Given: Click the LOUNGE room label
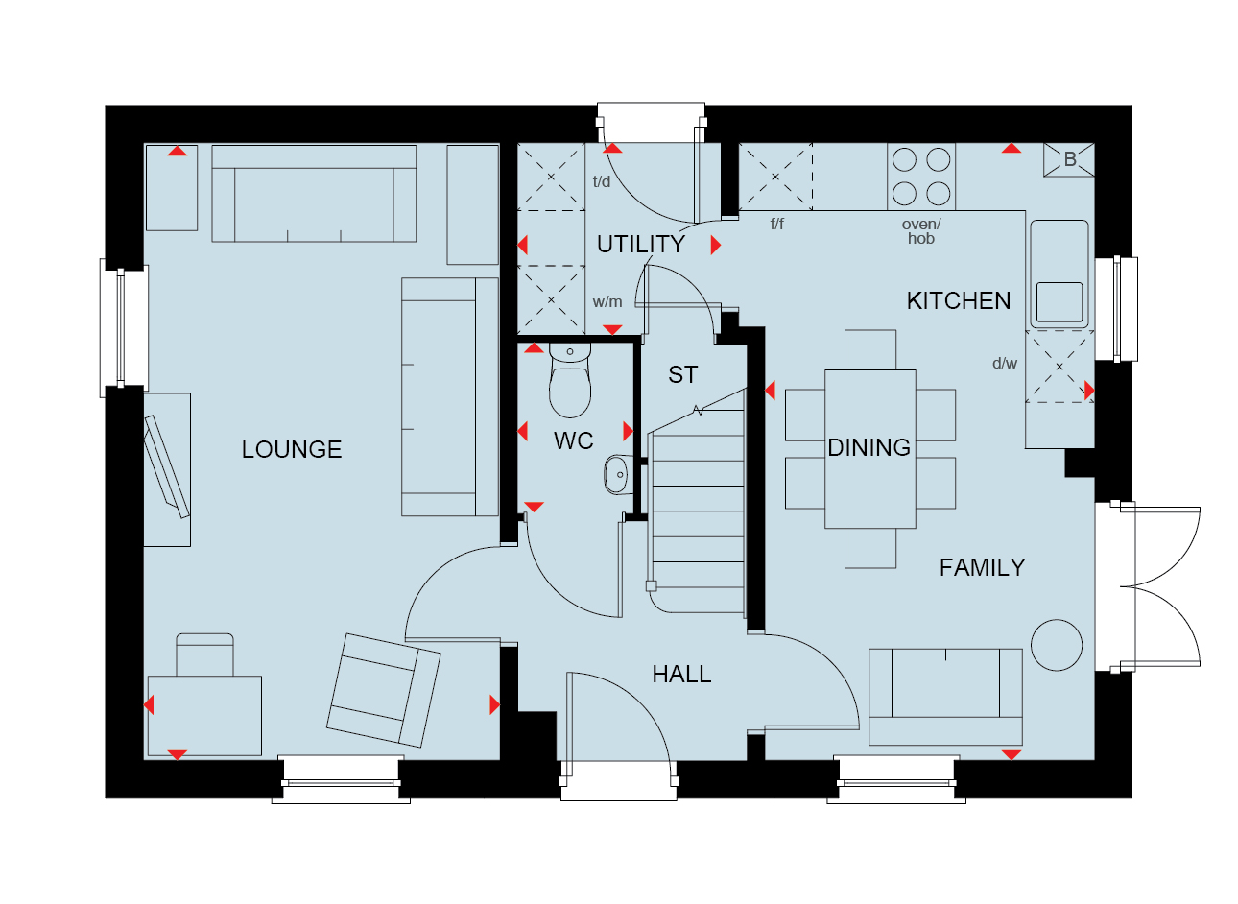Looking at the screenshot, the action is pyautogui.click(x=292, y=449).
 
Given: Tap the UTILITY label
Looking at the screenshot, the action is pyautogui.click(x=641, y=245).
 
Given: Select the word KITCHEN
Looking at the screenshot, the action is pyautogui.click(x=959, y=301).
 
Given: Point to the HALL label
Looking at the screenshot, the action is pyautogui.click(x=682, y=674).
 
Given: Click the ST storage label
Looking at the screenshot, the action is pyautogui.click(x=683, y=374).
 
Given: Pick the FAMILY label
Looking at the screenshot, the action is pyautogui.click(x=983, y=567).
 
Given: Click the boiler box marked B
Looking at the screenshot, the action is pyautogui.click(x=1069, y=159).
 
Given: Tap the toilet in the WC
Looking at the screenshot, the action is pyautogui.click(x=570, y=380).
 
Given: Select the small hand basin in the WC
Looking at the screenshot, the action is pyautogui.click(x=618, y=474).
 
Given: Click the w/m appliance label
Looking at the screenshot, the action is pyautogui.click(x=607, y=301).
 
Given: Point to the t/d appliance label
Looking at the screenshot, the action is pyautogui.click(x=602, y=181).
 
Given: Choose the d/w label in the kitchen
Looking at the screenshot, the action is pyautogui.click(x=1005, y=363).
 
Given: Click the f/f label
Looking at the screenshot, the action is pyautogui.click(x=777, y=224).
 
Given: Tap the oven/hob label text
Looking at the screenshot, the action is pyautogui.click(x=921, y=231).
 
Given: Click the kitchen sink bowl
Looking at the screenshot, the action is pyautogui.click(x=1059, y=302).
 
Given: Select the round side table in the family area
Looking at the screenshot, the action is pyautogui.click(x=1057, y=646).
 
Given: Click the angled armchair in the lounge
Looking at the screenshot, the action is pyautogui.click(x=384, y=690).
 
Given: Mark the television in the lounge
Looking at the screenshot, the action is pyautogui.click(x=166, y=467).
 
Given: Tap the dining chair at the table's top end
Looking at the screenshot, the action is pyautogui.click(x=870, y=349).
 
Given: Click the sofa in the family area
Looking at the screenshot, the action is pyautogui.click(x=945, y=697).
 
